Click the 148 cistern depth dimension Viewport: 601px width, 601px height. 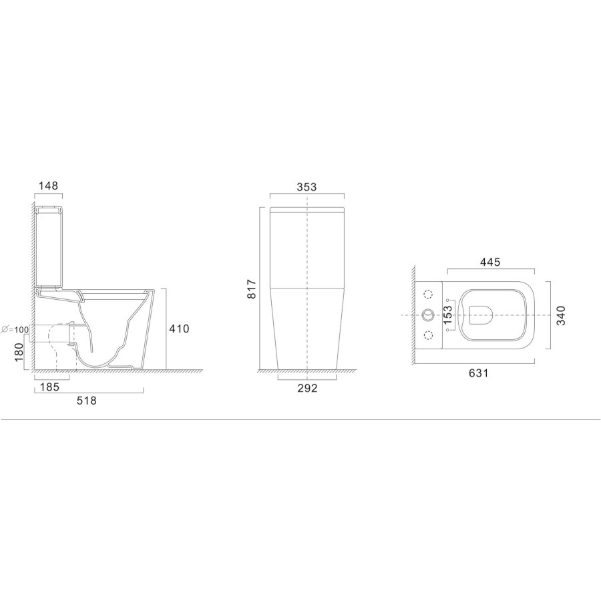pos(49,186)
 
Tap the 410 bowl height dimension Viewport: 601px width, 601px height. pos(180,329)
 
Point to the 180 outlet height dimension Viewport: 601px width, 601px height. pos(19,350)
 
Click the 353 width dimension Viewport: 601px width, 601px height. pos(307,187)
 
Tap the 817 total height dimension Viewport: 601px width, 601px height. pos(252,288)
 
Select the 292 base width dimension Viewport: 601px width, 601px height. pos(307,388)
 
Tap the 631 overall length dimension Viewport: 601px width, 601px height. pos(478,373)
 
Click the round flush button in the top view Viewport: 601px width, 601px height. pos(428,315)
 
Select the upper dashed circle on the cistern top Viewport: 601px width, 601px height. pos(428,294)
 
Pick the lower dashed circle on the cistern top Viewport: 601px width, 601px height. pos(428,335)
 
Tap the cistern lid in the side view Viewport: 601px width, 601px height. pos(48,210)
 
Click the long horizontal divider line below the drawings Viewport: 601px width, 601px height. pos(300,419)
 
